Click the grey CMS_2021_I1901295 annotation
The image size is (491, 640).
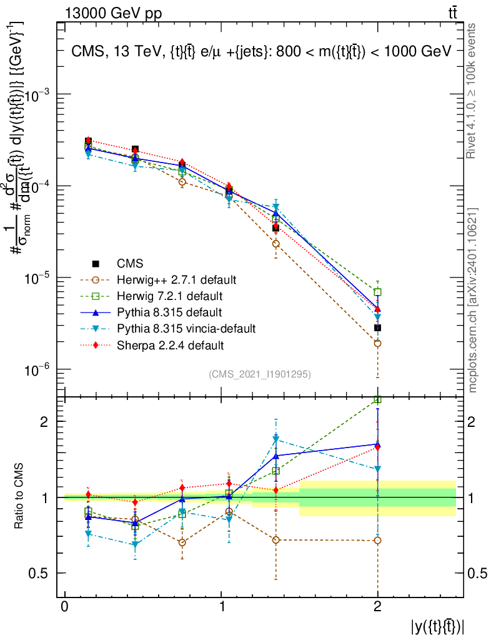coord(260,374)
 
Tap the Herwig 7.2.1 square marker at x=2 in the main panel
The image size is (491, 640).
coord(377,292)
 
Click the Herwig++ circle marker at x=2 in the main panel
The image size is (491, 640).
coord(377,343)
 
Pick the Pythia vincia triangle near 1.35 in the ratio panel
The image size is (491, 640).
coord(275,439)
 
